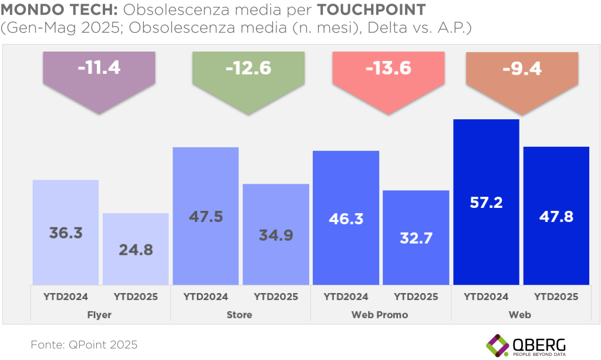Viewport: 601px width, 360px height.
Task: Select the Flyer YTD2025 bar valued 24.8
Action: pyautogui.click(x=136, y=249)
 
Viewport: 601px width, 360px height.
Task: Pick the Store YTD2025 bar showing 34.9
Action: pyautogui.click(x=276, y=234)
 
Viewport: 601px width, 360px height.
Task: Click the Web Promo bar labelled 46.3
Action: pyautogui.click(x=346, y=218)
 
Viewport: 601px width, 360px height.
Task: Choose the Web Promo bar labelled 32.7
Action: pyautogui.click(x=416, y=238)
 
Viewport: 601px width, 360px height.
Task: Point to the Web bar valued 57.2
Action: pyautogui.click(x=486, y=202)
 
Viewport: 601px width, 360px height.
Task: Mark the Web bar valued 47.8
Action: pyautogui.click(x=556, y=216)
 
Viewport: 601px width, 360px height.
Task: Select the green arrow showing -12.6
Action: pyautogui.click(x=248, y=77)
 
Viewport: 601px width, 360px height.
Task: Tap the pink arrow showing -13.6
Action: pyautogui.click(x=388, y=77)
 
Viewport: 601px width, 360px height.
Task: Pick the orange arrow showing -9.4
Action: pyautogui.click(x=521, y=77)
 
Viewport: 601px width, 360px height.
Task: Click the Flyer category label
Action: pyautogui.click(x=100, y=315)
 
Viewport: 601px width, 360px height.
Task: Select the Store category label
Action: pyautogui.click(x=239, y=315)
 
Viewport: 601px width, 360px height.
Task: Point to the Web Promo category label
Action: pyautogui.click(x=380, y=315)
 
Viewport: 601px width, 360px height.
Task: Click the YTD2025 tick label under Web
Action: pyautogui.click(x=556, y=297)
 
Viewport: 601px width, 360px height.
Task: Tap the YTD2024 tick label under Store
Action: pyautogui.click(x=205, y=297)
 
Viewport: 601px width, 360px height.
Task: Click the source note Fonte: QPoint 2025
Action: pyautogui.click(x=84, y=345)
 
